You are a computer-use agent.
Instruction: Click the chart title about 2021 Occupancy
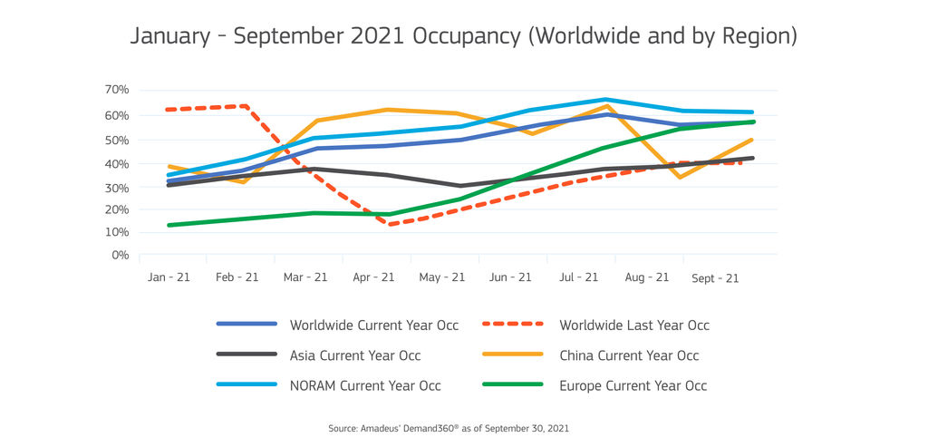463,35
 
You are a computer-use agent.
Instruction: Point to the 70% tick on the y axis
117,90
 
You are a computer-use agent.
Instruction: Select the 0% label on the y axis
121,255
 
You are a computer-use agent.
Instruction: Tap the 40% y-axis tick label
117,164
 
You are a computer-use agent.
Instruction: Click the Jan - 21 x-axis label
169,277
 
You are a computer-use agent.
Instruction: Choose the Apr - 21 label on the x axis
373,277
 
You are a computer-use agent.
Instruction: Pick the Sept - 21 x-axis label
716,278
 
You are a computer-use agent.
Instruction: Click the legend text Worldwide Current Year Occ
374,325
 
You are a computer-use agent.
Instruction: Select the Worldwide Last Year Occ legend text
634,325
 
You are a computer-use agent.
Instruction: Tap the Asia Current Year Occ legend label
355,355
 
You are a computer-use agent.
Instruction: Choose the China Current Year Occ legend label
629,355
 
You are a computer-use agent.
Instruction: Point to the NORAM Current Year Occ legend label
365,385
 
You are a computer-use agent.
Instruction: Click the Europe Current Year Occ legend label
633,385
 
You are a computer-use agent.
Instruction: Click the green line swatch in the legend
513,384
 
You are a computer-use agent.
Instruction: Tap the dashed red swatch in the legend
513,324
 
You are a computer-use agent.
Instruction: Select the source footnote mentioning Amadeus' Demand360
449,427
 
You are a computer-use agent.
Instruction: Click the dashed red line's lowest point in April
389,224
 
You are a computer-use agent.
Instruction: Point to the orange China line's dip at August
680,177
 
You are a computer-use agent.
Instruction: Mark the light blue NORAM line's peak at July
605,100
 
